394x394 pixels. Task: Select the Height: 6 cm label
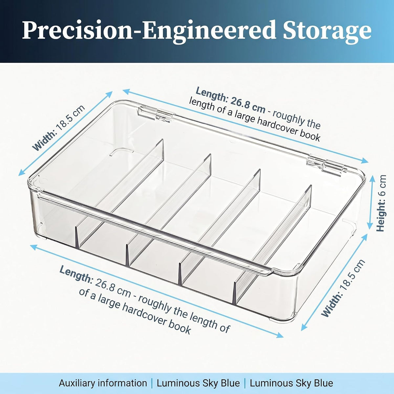[381, 203]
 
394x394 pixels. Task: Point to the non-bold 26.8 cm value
[113, 288]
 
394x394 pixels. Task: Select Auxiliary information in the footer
[103, 383]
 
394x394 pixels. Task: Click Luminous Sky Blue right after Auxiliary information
[198, 383]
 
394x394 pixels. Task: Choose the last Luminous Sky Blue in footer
[291, 383]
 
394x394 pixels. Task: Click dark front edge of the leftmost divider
[77, 238]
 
